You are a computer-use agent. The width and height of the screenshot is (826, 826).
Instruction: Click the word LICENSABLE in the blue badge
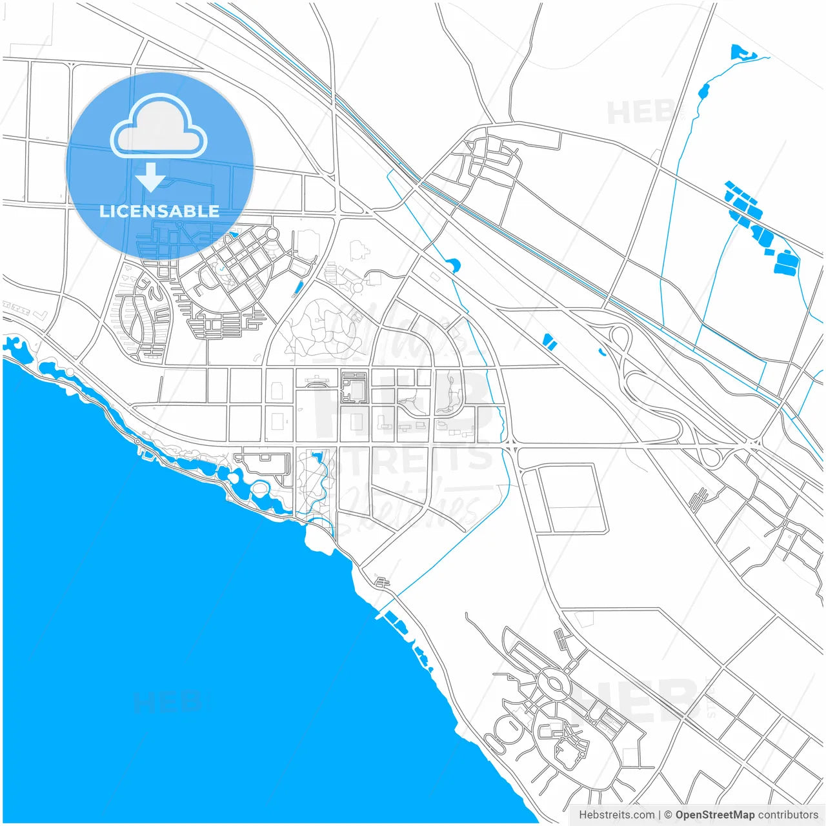point(159,211)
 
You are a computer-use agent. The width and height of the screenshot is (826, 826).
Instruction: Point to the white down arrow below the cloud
point(151,177)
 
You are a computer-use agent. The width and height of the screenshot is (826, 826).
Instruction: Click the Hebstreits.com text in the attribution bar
point(616,815)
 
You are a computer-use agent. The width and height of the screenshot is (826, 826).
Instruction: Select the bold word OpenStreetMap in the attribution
point(714,815)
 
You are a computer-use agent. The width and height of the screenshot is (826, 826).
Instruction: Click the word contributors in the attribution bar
point(788,815)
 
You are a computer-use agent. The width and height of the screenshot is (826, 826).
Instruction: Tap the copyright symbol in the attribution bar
point(668,815)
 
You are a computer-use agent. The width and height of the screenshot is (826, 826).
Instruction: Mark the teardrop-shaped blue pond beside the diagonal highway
point(453,264)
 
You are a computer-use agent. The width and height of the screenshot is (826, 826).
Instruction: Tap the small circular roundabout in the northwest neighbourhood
point(272,233)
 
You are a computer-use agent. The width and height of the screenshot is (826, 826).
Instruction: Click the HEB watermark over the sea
point(168,702)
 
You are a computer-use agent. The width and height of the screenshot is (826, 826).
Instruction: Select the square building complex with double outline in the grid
point(354,387)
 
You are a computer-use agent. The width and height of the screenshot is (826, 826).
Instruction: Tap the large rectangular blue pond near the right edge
point(787,261)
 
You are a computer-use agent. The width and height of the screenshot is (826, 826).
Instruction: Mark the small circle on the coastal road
point(137,441)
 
